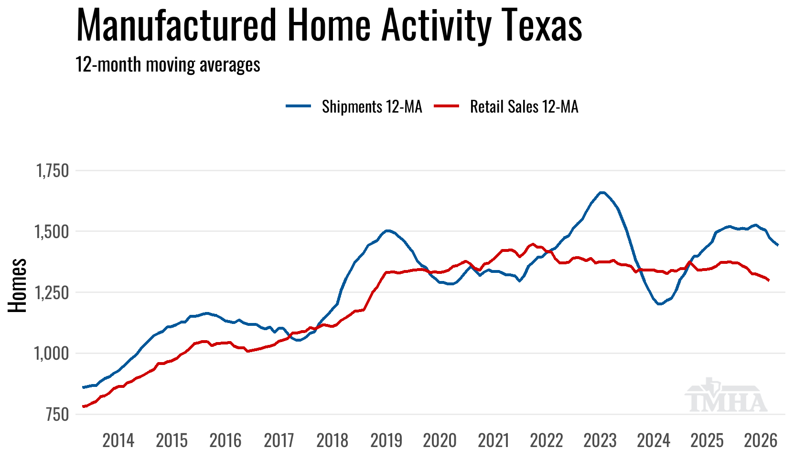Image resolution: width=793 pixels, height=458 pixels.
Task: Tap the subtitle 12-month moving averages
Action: (x=168, y=64)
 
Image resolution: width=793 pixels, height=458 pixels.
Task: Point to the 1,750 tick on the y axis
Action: (x=53, y=171)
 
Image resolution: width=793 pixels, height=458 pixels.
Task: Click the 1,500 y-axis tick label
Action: (x=53, y=232)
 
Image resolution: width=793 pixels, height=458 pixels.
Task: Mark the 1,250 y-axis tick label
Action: (x=53, y=292)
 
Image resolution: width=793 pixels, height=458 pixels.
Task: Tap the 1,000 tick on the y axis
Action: (x=53, y=354)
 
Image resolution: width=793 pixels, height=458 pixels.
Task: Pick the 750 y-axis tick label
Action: (x=57, y=415)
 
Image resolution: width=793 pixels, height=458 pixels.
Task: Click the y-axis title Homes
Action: (x=18, y=285)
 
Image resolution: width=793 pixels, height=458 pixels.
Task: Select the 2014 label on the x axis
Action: (x=118, y=440)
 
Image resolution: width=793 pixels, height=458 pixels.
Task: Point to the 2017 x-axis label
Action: (x=279, y=440)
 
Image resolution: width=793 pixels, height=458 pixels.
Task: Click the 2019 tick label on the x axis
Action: (x=386, y=440)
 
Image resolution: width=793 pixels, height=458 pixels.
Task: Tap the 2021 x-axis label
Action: (x=493, y=440)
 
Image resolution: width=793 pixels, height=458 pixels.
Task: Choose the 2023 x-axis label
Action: (x=600, y=440)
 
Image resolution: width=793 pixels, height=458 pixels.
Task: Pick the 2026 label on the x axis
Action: (x=761, y=440)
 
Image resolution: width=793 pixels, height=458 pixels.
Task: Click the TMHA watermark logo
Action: (x=726, y=396)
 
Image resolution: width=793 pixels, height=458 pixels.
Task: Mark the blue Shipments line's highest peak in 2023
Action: (x=602, y=192)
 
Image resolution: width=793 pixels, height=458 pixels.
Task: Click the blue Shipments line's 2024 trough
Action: (x=660, y=304)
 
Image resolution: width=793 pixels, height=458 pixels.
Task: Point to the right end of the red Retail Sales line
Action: (x=769, y=281)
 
